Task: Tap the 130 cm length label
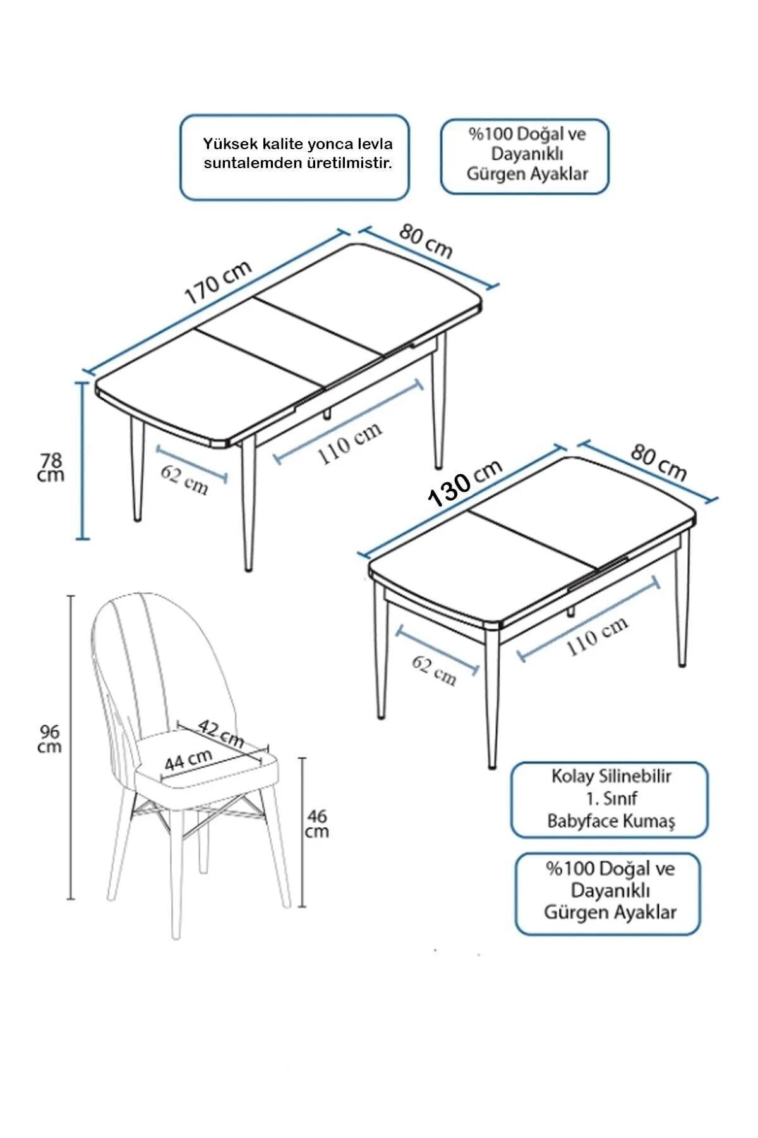pos(466,482)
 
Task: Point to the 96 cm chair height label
pos(50,738)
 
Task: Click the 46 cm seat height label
pos(316,824)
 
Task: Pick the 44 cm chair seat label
pos(188,759)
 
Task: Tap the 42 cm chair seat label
pos(222,733)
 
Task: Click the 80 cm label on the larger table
pos(426,241)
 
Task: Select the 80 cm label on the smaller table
pos(658,463)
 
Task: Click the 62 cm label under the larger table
pos(184,480)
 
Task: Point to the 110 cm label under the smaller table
pos(597,635)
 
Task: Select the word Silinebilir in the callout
pos(630,776)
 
